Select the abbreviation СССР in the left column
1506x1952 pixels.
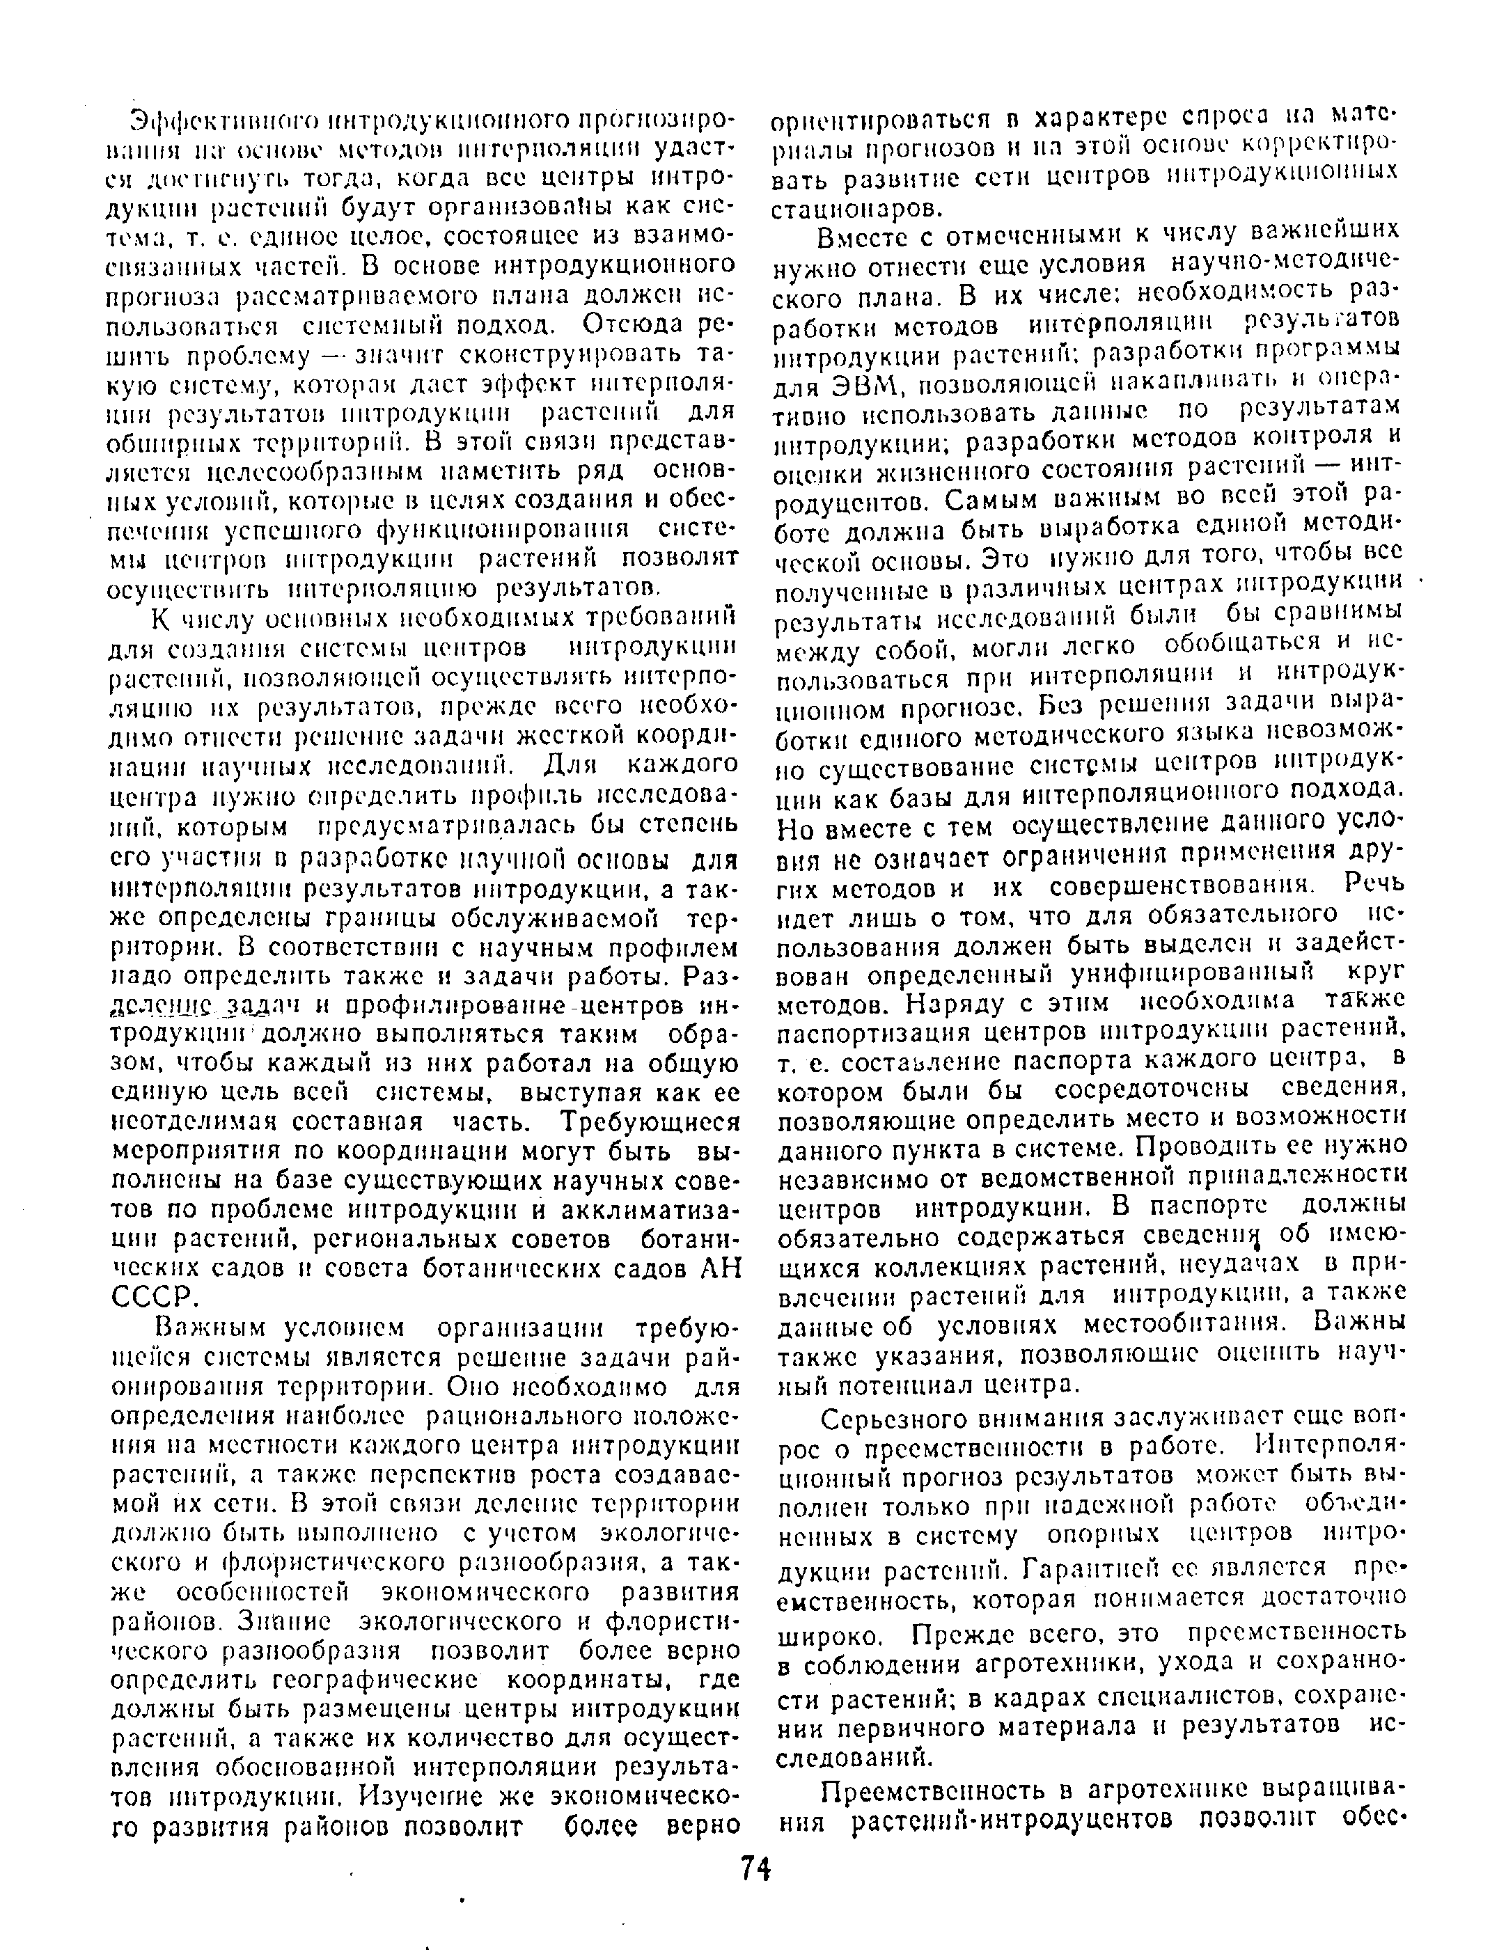[x=150, y=1297]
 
